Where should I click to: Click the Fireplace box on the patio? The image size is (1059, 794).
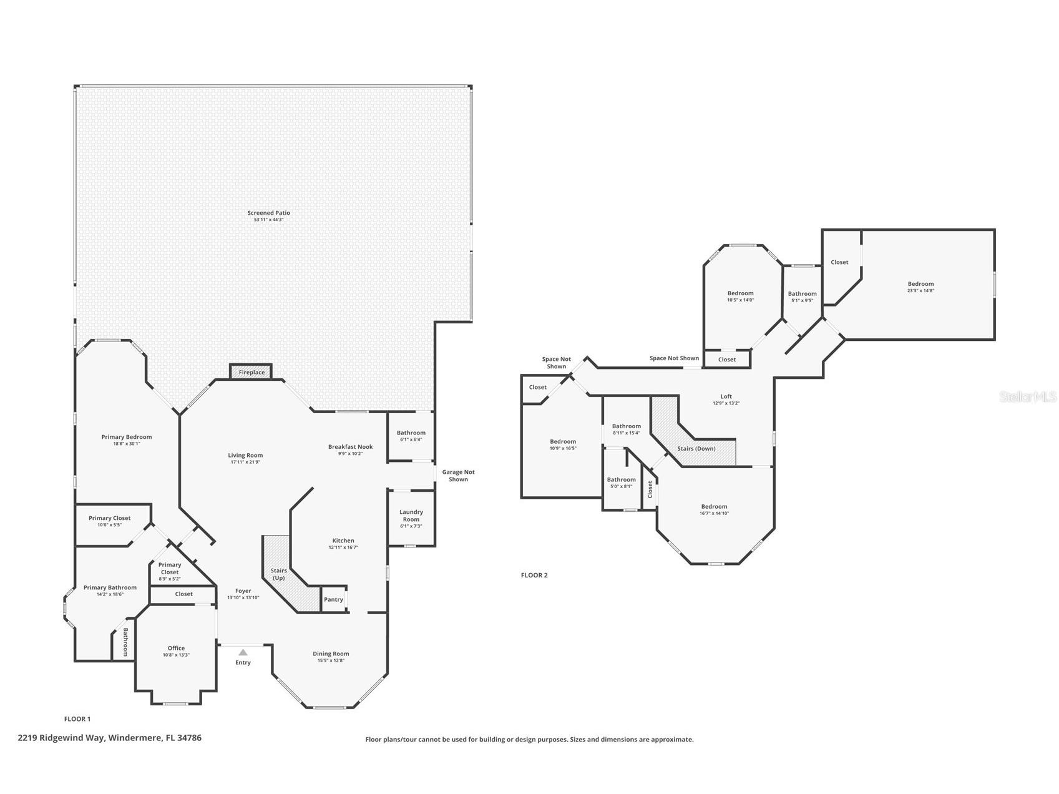point(251,372)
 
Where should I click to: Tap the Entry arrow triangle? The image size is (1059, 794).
point(243,652)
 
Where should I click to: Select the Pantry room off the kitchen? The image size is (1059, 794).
point(334,599)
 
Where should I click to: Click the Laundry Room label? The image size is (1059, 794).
point(411,516)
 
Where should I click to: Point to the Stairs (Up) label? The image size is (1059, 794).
point(278,574)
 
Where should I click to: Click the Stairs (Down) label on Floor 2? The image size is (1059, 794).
point(696,448)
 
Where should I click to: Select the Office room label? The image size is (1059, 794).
point(176,648)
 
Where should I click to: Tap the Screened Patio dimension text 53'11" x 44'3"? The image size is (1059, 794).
point(268,220)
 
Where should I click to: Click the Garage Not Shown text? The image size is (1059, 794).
point(458,476)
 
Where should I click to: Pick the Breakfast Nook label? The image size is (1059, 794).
point(350,446)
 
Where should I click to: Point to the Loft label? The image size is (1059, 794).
point(726,396)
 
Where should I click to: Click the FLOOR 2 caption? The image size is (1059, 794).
point(534,576)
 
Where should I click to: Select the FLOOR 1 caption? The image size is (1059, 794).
point(77,719)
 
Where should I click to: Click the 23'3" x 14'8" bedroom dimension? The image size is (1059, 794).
point(920,290)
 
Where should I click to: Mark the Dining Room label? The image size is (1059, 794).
point(331,654)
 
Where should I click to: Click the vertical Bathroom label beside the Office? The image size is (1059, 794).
point(125,642)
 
